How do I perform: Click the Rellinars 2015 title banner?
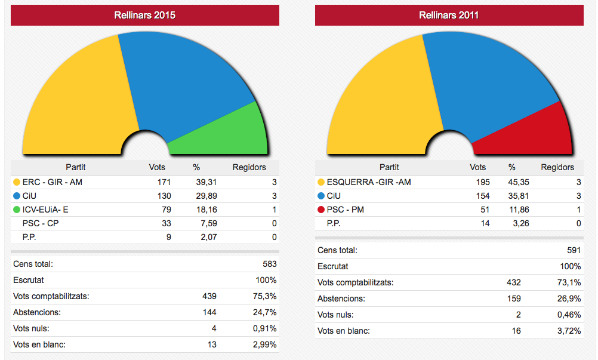145,16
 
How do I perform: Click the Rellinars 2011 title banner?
449,16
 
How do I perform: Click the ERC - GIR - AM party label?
52,182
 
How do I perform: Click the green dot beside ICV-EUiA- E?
16,210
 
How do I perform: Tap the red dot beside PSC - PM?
321,210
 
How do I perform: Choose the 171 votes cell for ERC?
164,182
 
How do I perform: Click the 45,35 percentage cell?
516,182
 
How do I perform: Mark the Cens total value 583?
269,264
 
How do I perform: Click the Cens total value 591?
574,251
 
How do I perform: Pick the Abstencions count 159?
513,299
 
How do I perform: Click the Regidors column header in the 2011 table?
557,167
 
